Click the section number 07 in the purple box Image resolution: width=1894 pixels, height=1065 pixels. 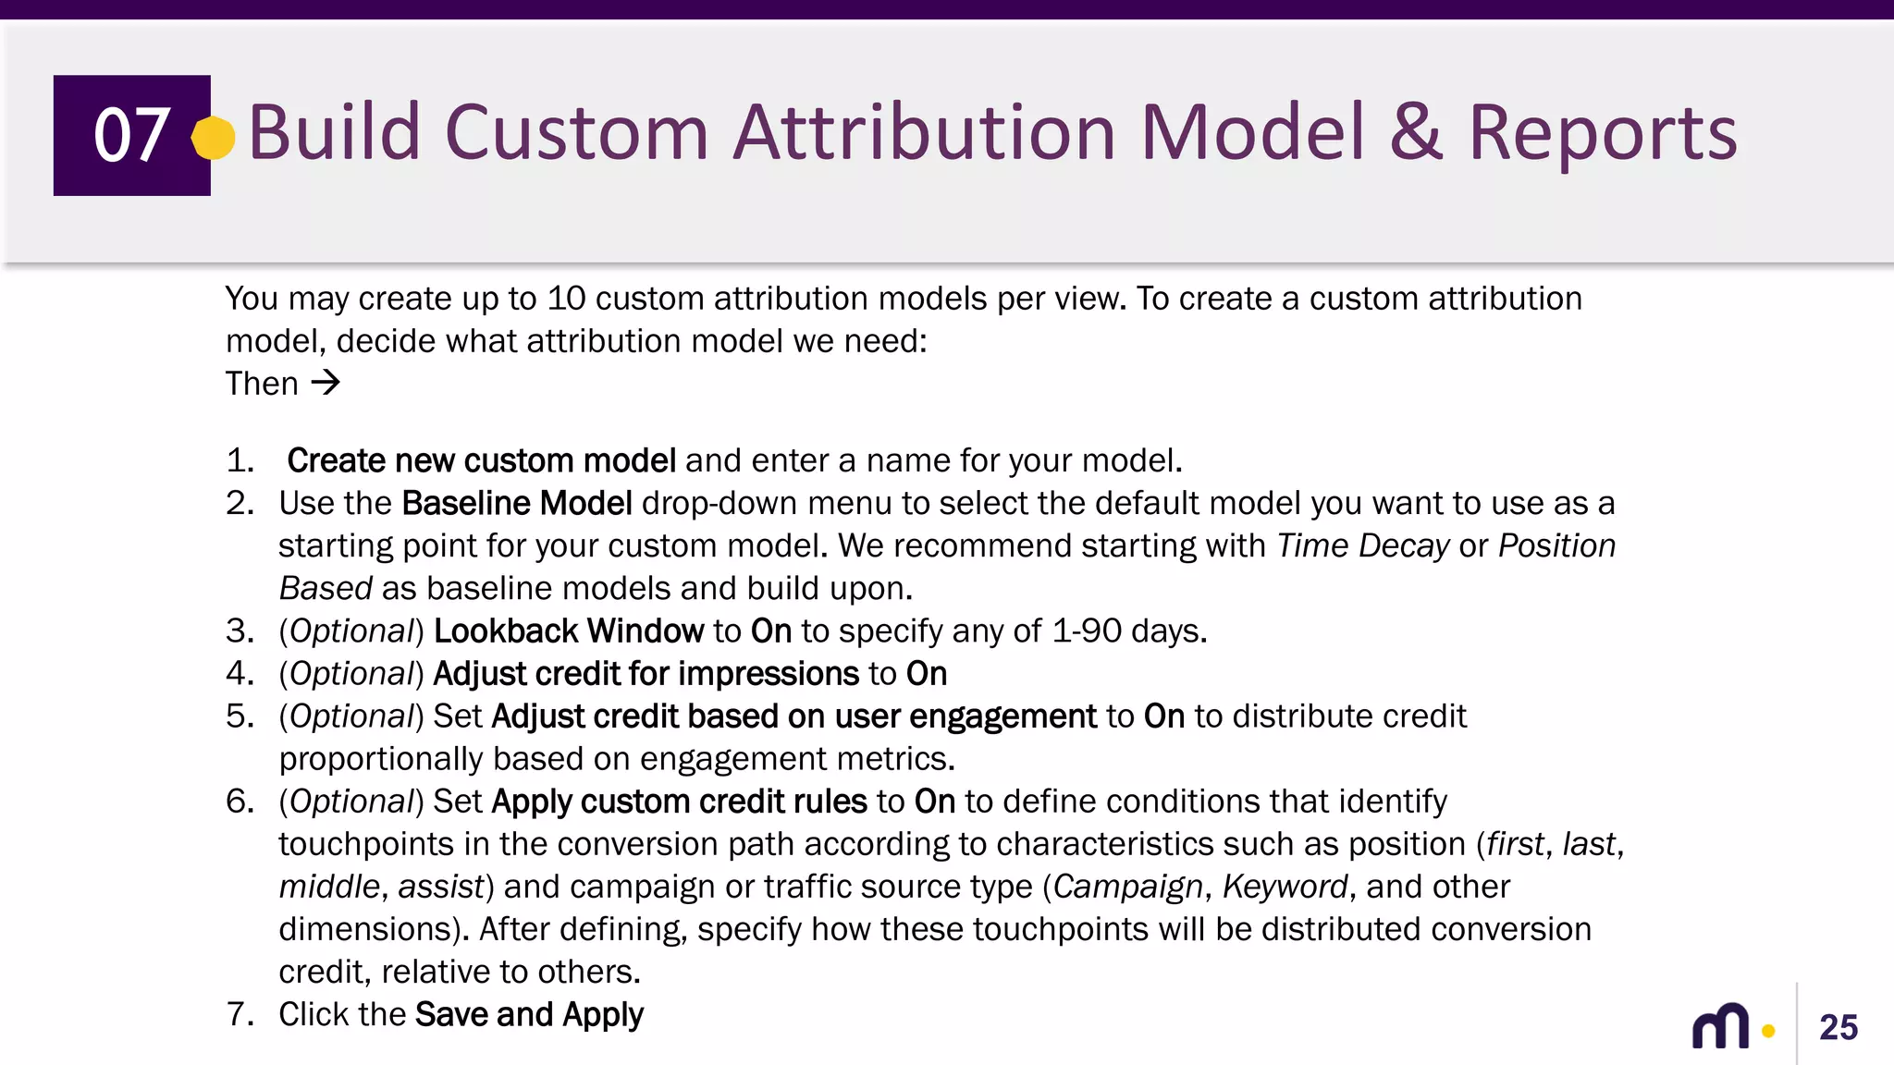point(131,135)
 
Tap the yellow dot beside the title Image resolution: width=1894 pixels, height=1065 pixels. point(214,138)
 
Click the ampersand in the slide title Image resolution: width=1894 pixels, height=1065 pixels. point(1415,132)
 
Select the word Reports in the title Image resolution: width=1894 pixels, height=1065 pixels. point(1603,132)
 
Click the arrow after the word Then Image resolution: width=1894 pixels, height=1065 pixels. point(326,383)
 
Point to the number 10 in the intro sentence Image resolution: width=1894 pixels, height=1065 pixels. point(566,299)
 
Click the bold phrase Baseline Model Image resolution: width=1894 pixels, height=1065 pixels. point(517,503)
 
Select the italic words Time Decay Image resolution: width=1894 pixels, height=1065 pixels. point(1362,545)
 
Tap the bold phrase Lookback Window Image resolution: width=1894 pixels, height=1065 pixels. point(568,630)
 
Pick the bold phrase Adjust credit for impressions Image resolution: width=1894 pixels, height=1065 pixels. point(646,673)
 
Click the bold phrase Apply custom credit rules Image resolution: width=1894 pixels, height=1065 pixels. point(679,801)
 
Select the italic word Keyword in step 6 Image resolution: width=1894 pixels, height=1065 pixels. point(1285,886)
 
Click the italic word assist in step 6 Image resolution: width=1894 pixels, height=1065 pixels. point(441,886)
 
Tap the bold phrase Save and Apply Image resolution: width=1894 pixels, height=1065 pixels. point(529,1014)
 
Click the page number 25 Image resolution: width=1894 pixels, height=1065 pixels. point(1838,1027)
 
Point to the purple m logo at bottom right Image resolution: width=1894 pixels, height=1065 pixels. point(1720,1026)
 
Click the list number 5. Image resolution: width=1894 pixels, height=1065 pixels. point(239,716)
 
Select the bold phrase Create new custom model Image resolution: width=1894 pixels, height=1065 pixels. point(481,460)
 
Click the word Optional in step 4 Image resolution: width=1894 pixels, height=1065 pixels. point(351,673)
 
